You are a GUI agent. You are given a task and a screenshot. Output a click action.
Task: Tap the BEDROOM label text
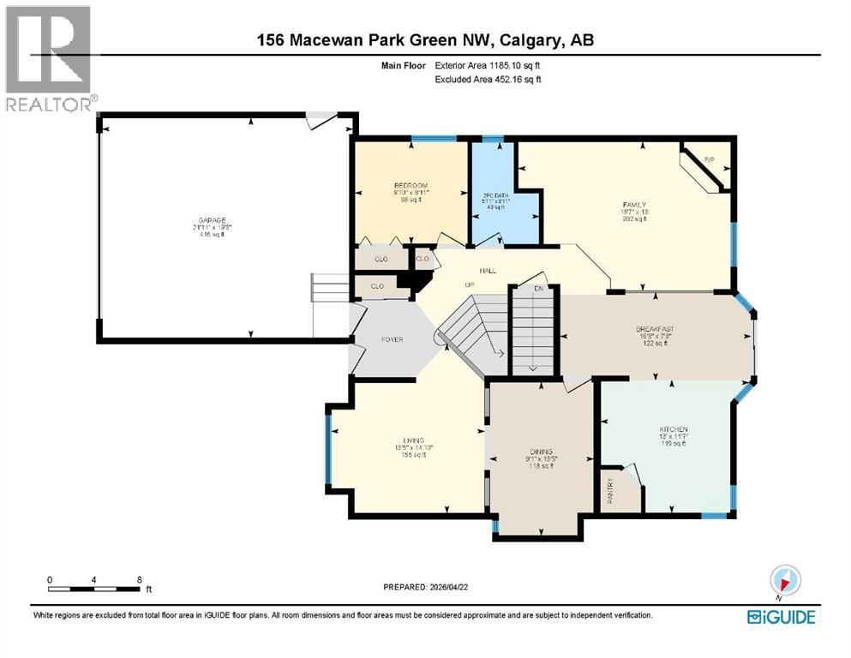pos(411,186)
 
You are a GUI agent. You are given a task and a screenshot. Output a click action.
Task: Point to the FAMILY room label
pos(633,205)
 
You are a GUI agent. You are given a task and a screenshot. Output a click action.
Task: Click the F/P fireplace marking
pos(709,160)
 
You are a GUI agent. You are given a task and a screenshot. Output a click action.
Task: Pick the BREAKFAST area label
pos(653,328)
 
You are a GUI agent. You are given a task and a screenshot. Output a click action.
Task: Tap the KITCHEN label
pos(673,429)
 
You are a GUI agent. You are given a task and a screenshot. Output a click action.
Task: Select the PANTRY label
pos(611,493)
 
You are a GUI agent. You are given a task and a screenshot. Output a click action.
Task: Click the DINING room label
pos(541,452)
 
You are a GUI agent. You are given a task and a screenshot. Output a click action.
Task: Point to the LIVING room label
pos(413,440)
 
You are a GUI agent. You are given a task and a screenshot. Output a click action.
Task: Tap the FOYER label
pos(392,339)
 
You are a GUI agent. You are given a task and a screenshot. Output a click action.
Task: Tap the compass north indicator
pos(785,580)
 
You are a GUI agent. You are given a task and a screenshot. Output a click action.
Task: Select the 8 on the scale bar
pos(139,579)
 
